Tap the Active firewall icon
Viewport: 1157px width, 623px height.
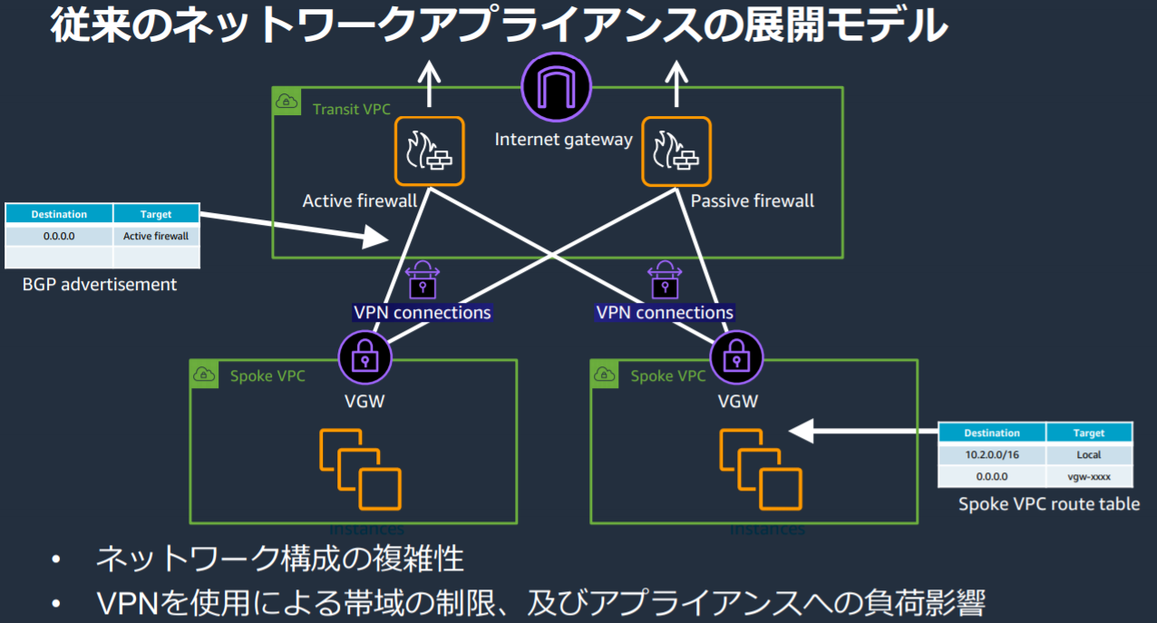point(429,151)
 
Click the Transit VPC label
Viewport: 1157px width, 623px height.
point(351,109)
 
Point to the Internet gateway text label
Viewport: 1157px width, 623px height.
point(563,140)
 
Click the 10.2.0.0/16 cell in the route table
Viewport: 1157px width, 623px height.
point(991,455)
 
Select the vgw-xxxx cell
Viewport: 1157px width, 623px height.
point(1088,477)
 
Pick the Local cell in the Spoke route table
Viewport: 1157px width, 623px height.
point(1088,455)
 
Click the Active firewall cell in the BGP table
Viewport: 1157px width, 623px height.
point(156,236)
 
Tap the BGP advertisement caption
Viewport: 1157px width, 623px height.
point(100,285)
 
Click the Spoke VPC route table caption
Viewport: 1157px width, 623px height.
point(1049,504)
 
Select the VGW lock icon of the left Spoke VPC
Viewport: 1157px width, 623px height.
point(365,358)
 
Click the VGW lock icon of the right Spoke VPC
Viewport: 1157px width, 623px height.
point(737,358)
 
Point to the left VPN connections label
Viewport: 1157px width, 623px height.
point(422,313)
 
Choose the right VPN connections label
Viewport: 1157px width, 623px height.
point(665,313)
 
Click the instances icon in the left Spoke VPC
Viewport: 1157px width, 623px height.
point(360,470)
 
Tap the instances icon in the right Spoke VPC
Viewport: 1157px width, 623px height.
point(761,470)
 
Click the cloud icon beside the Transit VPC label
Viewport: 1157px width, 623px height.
point(287,102)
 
